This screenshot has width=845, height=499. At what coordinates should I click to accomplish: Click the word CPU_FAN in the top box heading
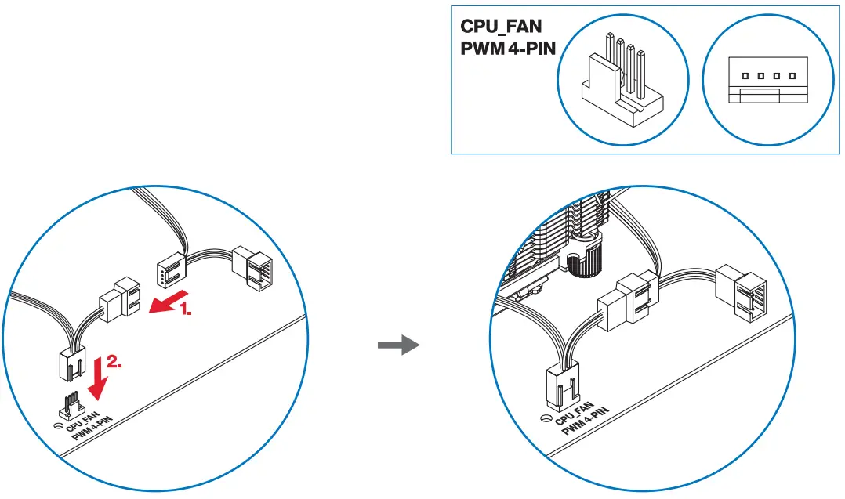point(501,27)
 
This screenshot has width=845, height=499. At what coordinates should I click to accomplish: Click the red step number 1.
point(185,310)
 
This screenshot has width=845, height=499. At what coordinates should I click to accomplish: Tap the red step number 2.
point(114,362)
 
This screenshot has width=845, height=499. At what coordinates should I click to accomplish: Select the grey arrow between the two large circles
point(398,345)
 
